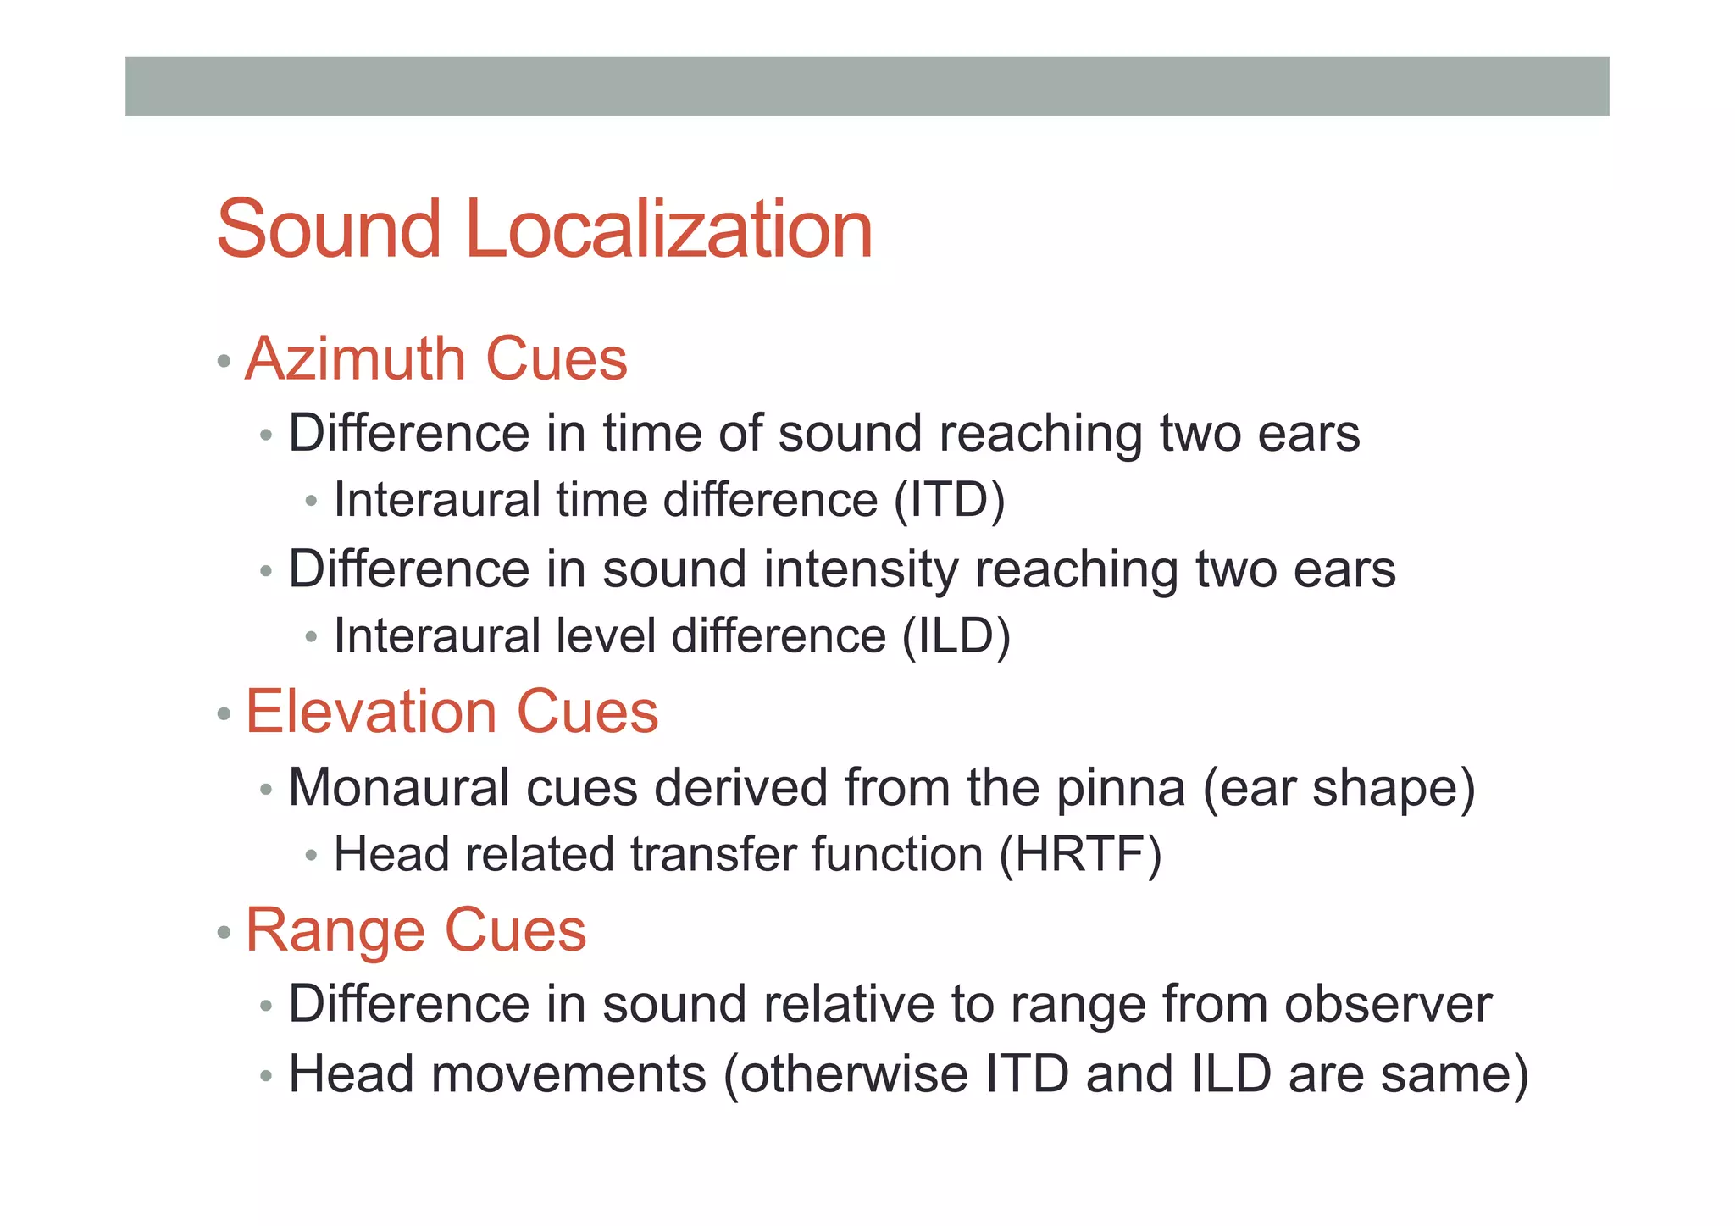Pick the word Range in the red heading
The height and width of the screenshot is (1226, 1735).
[x=335, y=930]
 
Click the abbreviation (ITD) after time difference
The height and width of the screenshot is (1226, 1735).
[x=950, y=499]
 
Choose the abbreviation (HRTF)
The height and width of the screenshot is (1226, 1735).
[x=1080, y=854]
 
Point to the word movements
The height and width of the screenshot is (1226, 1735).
[x=568, y=1074]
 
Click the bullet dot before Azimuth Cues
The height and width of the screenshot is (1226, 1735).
[x=224, y=362]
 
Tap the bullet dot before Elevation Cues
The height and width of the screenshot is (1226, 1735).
[x=224, y=714]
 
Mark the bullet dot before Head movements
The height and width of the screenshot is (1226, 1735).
[x=266, y=1077]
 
